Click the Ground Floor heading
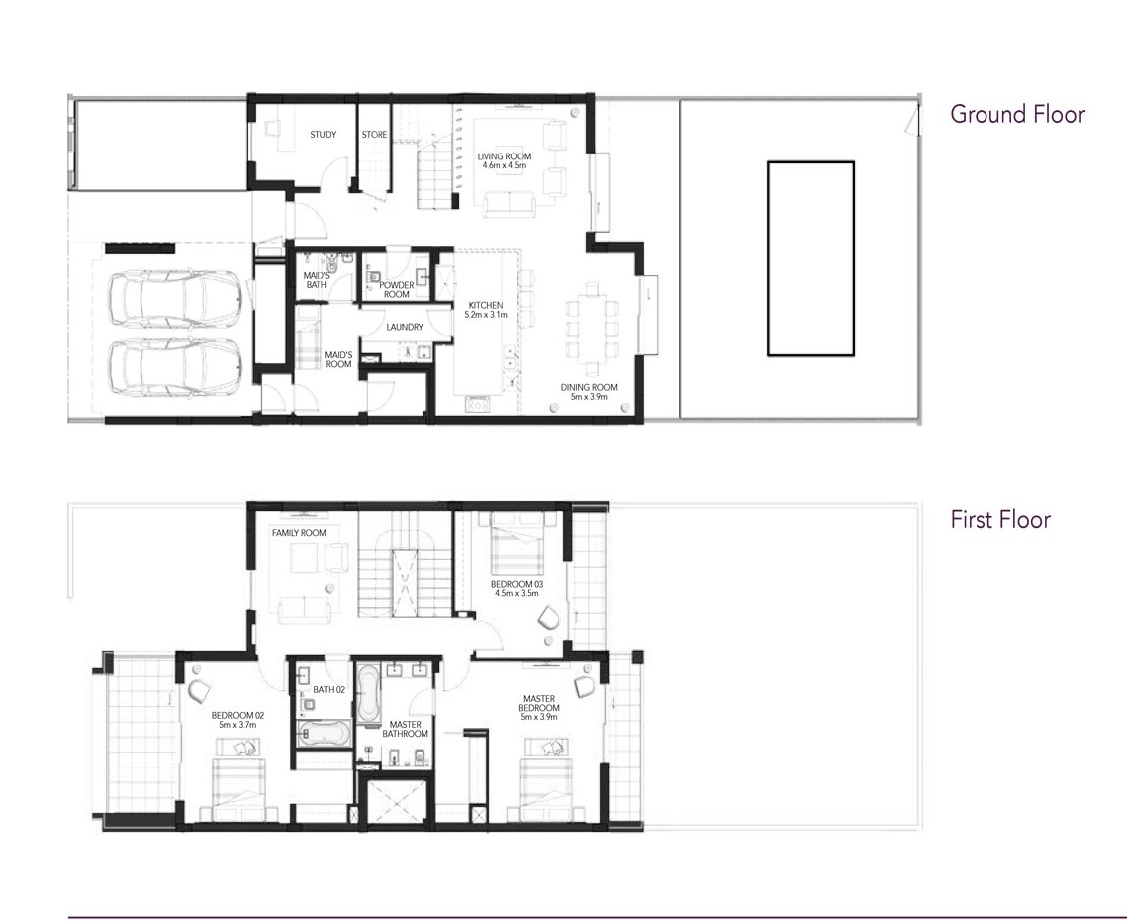coord(1017,114)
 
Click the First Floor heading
coord(1000,520)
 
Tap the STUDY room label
coord(323,135)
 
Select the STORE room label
coord(374,135)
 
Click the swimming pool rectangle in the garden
coord(811,258)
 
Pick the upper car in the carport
coord(175,296)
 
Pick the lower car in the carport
coord(175,366)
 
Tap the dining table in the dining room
coord(592,329)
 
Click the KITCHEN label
coord(486,305)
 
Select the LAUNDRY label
coord(405,327)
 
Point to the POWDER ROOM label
coord(396,290)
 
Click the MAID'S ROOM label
coord(338,360)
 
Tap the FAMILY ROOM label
coord(299,533)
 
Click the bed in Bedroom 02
coord(236,783)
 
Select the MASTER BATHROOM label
coord(405,730)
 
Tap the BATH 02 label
coord(329,690)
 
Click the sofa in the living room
coord(509,205)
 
